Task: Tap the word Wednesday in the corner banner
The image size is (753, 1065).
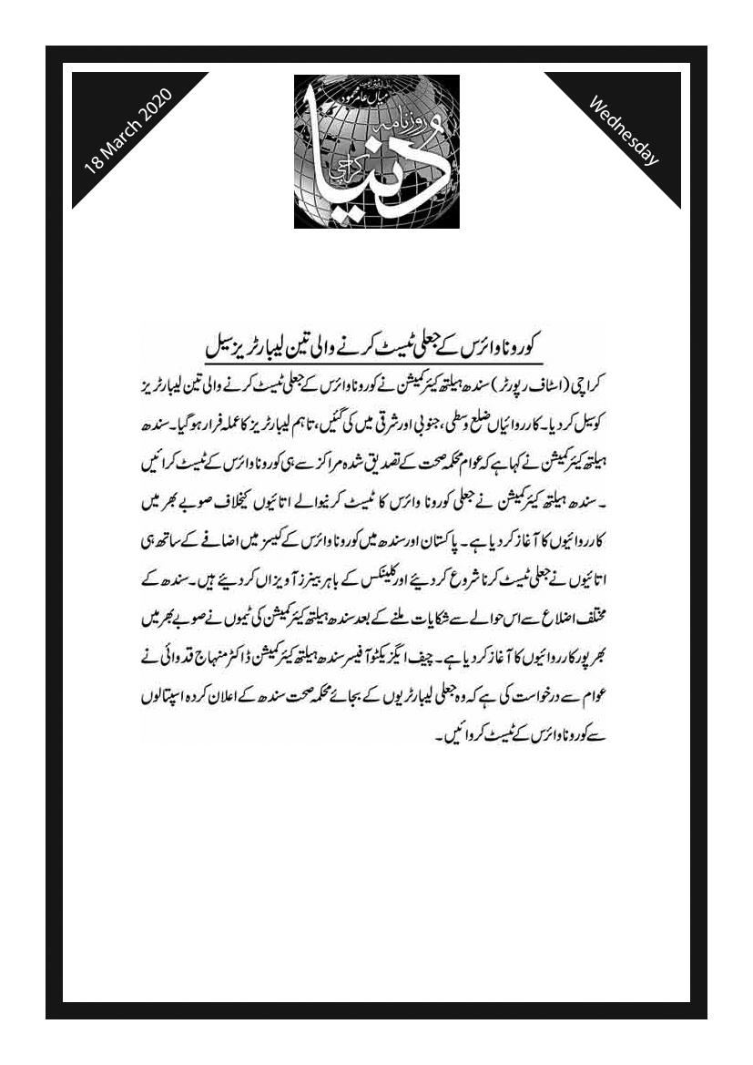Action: [x=625, y=129]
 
